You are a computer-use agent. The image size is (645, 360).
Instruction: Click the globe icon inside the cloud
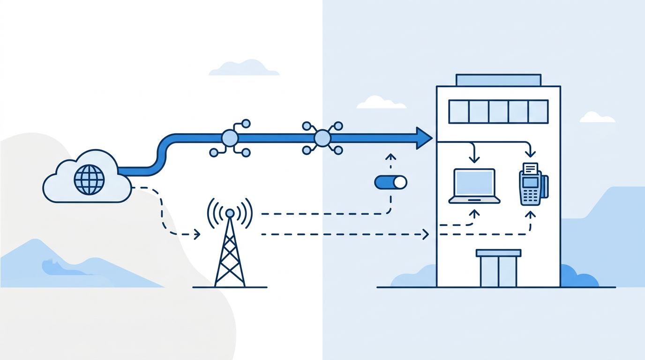pyautogui.click(x=89, y=179)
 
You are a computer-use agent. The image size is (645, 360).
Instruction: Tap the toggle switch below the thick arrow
pyautogui.click(x=390, y=182)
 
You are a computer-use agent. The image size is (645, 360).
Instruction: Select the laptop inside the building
pyautogui.click(x=474, y=186)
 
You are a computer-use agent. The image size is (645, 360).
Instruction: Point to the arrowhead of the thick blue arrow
pyautogui.click(x=423, y=138)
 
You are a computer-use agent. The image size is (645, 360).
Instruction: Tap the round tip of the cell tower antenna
pyautogui.click(x=230, y=213)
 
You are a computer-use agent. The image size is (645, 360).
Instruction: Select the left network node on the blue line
pyautogui.click(x=230, y=138)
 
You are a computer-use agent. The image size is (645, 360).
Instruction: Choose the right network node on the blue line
pyautogui.click(x=322, y=138)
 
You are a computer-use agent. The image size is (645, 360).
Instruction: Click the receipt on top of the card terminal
pyautogui.click(x=530, y=168)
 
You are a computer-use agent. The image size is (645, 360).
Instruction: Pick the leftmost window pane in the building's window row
pyautogui.click(x=459, y=112)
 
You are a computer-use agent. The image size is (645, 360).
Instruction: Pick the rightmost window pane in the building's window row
pyautogui.click(x=538, y=112)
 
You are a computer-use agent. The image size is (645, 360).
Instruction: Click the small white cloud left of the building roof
pyautogui.click(x=380, y=103)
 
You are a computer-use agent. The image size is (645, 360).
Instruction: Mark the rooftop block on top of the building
pyautogui.click(x=498, y=80)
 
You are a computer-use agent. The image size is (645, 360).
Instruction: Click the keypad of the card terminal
pyautogui.click(x=530, y=195)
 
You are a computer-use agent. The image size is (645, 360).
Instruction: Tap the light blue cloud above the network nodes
pyautogui.click(x=244, y=68)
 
